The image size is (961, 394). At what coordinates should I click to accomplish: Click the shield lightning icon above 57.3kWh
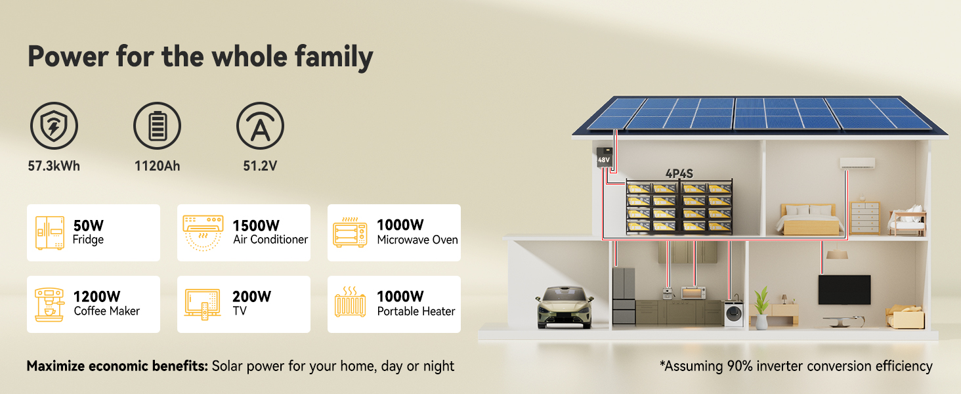tap(54, 126)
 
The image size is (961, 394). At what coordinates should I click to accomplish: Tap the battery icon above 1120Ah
tap(157, 126)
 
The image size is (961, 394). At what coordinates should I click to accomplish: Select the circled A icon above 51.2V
tap(260, 126)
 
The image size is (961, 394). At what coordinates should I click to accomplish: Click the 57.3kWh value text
tap(54, 165)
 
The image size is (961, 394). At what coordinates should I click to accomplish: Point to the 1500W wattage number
tap(256, 225)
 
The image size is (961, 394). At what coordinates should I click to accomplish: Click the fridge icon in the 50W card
tap(50, 232)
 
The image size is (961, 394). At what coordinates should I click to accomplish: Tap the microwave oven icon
tap(350, 232)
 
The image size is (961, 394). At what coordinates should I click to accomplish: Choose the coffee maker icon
tap(49, 304)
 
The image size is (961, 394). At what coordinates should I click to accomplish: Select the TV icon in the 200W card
tap(202, 304)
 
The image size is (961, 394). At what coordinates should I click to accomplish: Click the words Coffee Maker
tap(107, 311)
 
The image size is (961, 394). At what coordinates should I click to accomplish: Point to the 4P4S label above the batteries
tap(679, 174)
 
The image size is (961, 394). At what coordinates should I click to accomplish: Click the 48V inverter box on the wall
tap(604, 157)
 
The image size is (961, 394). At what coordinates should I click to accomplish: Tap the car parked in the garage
tap(565, 307)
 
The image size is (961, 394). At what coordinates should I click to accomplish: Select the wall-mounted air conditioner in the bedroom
tap(857, 163)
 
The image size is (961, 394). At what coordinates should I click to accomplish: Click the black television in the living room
tap(844, 290)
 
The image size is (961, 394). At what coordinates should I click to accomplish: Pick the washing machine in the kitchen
tap(734, 313)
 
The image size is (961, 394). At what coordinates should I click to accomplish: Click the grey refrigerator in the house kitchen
tap(624, 296)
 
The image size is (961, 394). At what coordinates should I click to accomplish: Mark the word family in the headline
tap(333, 57)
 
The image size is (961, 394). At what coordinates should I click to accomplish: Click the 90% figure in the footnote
tap(740, 366)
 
